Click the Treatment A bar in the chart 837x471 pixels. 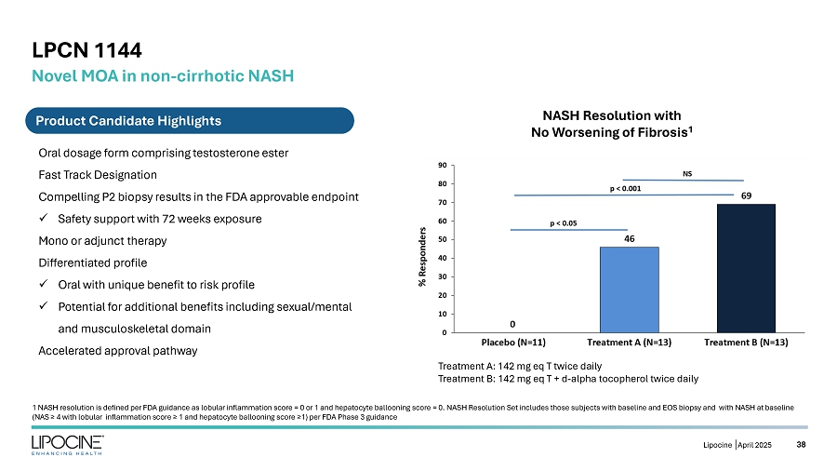629,289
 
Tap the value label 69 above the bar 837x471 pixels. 747,195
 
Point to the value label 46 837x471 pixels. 629,238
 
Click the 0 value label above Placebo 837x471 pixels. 511,324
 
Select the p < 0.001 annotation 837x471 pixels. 625,189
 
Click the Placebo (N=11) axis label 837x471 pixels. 511,343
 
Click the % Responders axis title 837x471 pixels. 422,249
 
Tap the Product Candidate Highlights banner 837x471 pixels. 128,120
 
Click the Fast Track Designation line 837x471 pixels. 98,175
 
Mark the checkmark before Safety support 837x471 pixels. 44,219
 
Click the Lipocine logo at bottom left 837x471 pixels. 67,446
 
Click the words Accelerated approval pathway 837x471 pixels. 117,350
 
